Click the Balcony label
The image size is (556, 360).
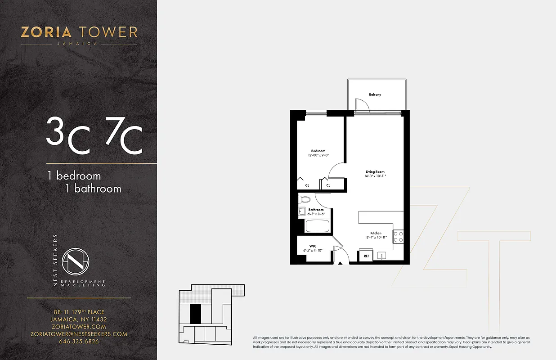click(x=375, y=94)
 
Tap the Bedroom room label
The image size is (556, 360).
click(x=318, y=151)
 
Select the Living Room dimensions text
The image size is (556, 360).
click(x=375, y=176)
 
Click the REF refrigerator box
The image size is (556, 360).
click(x=366, y=256)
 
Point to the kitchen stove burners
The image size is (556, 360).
click(x=398, y=237)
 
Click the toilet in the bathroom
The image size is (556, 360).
click(x=305, y=199)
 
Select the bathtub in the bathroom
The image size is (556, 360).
click(x=318, y=225)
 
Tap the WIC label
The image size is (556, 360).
click(x=312, y=246)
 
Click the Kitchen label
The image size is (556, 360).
click(x=376, y=233)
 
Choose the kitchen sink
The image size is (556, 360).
click(x=381, y=256)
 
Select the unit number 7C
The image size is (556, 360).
click(x=124, y=135)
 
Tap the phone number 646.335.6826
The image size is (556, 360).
click(x=79, y=341)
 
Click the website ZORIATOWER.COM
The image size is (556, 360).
click(x=79, y=327)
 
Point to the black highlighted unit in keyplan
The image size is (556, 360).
click(x=195, y=314)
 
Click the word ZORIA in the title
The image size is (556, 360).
click(x=46, y=32)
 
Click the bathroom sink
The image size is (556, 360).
click(x=302, y=211)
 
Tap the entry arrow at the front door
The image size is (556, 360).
click(x=341, y=262)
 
